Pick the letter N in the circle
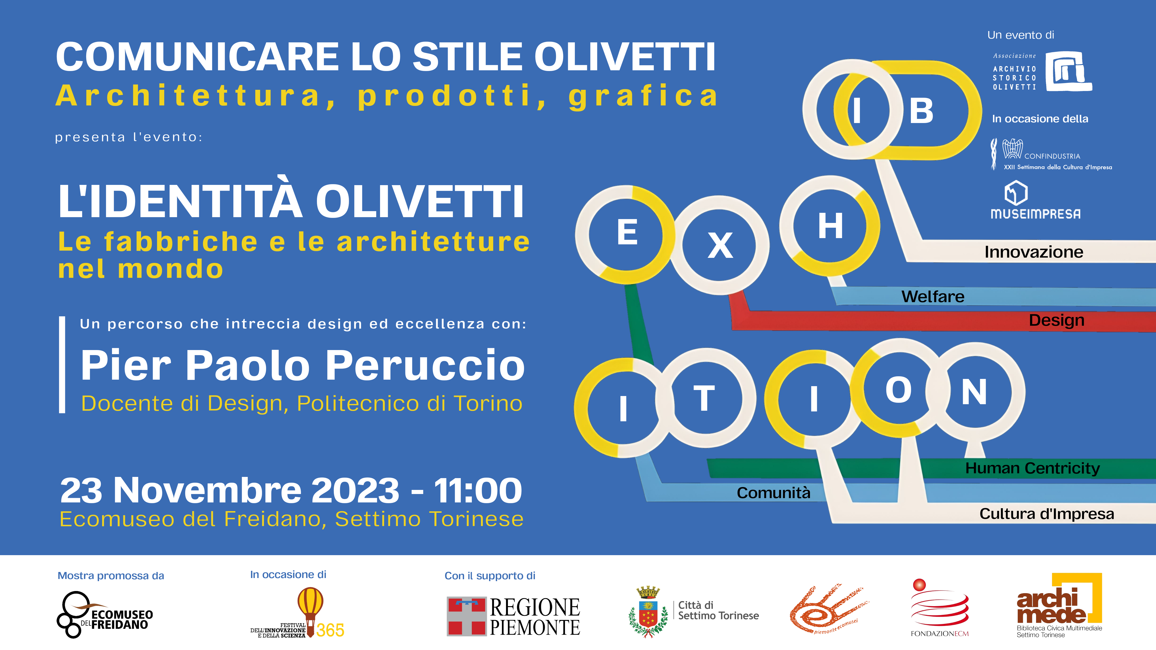click(x=974, y=392)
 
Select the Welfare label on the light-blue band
click(x=933, y=297)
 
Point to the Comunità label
click(x=774, y=493)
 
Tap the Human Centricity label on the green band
click(x=1033, y=468)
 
